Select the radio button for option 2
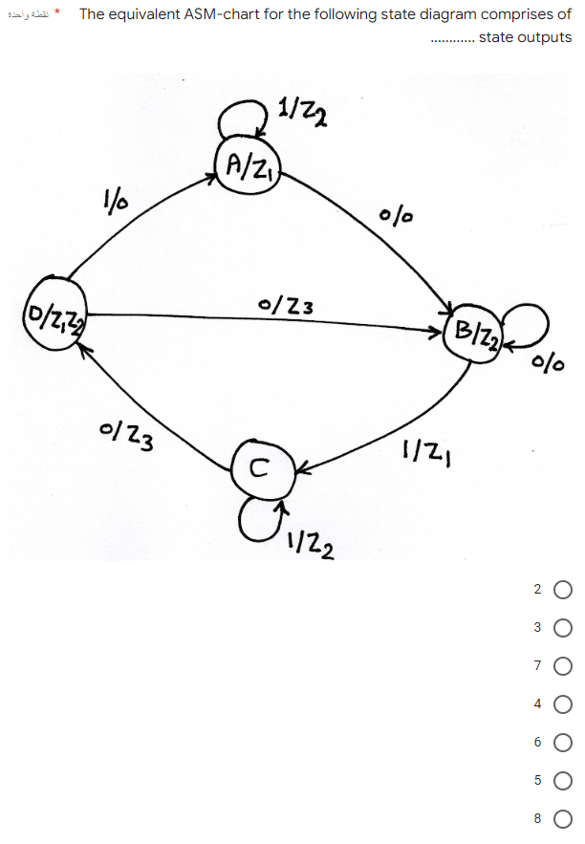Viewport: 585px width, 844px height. pyautogui.click(x=562, y=590)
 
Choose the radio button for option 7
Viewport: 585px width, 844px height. pyautogui.click(x=562, y=665)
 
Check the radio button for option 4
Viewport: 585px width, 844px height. pyautogui.click(x=562, y=703)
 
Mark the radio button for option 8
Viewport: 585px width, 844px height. pyautogui.click(x=562, y=818)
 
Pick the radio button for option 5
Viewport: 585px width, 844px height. pyautogui.click(x=562, y=780)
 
